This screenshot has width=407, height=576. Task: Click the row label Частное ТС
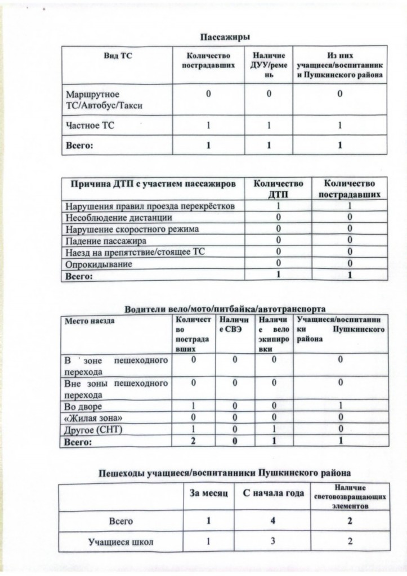click(x=90, y=126)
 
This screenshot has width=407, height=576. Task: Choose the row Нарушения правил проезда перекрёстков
click(x=146, y=206)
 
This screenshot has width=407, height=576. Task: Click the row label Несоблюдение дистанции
click(x=119, y=218)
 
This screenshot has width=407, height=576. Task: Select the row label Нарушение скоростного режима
click(x=132, y=229)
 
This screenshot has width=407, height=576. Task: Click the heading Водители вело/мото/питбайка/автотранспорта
click(x=225, y=309)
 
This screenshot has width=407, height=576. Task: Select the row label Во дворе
click(x=84, y=406)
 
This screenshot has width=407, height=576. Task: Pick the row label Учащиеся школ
click(x=120, y=542)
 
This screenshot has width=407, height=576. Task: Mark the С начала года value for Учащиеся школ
click(x=272, y=542)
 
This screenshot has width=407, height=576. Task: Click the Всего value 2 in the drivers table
click(x=193, y=442)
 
